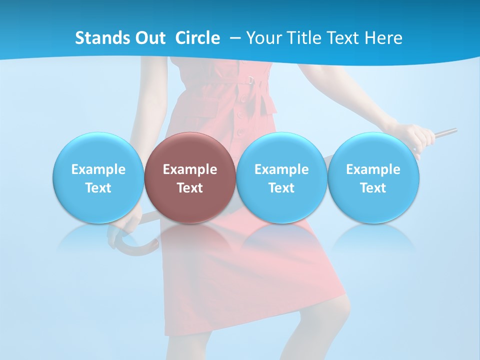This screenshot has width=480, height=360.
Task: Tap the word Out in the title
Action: tap(149, 38)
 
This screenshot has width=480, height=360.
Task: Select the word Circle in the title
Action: tap(197, 38)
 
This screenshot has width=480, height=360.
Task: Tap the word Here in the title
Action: tap(383, 38)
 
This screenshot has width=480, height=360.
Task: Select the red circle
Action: tap(190, 178)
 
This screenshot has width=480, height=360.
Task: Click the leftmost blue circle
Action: tap(98, 178)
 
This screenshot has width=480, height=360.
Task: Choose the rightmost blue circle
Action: tap(373, 178)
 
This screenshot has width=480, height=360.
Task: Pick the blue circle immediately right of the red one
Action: tap(281, 178)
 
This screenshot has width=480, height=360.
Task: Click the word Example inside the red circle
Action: tap(190, 169)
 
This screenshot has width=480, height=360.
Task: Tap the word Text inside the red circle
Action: tap(190, 188)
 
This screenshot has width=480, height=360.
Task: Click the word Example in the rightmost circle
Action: tap(373, 169)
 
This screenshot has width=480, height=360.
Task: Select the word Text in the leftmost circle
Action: tap(98, 188)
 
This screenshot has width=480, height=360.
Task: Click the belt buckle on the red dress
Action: tap(250, 79)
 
